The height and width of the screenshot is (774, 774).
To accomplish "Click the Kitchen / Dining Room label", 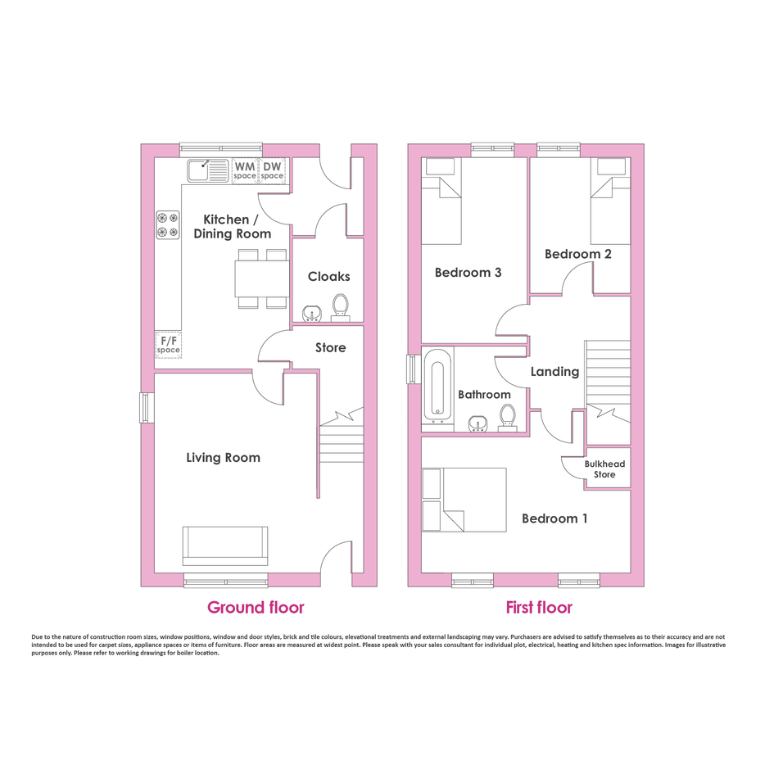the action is tap(232, 227).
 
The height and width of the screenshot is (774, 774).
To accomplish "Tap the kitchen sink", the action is tap(208, 171).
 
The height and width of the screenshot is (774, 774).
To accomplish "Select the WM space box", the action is tap(246, 171).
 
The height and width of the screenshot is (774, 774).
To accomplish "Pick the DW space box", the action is tap(273, 171).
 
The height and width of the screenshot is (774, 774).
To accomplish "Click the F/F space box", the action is tap(169, 345).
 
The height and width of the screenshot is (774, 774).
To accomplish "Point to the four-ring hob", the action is tap(168, 225).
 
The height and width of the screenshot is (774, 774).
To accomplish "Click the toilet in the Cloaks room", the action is tap(340, 308).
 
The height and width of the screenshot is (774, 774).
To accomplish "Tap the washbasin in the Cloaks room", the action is tap(312, 314).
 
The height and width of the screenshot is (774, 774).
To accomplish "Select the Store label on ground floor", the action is tap(331, 347).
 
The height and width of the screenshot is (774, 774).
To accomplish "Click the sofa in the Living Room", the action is tap(225, 546).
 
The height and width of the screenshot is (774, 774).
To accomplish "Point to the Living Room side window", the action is tap(146, 408).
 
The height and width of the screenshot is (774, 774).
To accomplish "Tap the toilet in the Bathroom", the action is tap(508, 419).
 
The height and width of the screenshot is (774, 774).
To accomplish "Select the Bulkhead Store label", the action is tap(604, 469).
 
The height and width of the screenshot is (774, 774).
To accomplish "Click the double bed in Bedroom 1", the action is tap(464, 500).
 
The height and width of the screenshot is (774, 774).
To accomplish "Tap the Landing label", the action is tap(554, 372).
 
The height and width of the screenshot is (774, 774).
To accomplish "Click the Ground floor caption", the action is tap(256, 607).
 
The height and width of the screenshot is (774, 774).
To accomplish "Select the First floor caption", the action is tap(539, 607).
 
